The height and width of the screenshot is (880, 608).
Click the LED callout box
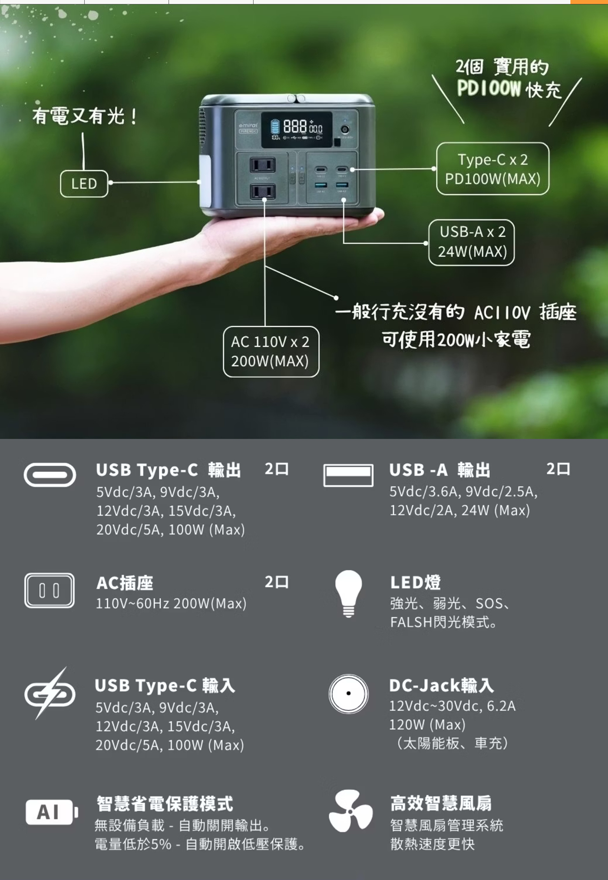click(84, 184)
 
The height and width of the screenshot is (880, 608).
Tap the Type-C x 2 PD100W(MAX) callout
click(492, 168)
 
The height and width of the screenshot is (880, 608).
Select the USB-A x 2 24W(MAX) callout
click(471, 242)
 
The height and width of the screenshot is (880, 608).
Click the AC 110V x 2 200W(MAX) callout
click(271, 351)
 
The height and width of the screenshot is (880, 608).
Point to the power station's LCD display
click(297, 129)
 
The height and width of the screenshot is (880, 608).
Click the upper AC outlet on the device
click(263, 165)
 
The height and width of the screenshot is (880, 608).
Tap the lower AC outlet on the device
click(263, 191)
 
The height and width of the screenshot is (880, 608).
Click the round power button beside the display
click(345, 129)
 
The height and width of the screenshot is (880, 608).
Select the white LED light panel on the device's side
click(205, 182)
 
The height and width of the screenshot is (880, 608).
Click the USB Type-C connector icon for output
click(50, 475)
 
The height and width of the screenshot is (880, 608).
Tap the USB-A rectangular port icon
click(348, 475)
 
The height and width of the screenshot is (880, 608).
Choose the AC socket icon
click(50, 590)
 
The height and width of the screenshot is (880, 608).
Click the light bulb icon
click(348, 593)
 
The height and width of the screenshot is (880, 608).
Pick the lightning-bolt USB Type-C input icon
click(50, 693)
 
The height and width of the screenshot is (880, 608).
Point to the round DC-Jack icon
click(348, 694)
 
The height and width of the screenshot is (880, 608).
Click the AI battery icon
click(52, 812)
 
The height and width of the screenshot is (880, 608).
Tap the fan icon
click(350, 811)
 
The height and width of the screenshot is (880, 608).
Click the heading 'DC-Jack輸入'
click(441, 686)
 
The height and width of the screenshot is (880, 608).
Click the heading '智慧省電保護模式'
click(165, 804)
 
